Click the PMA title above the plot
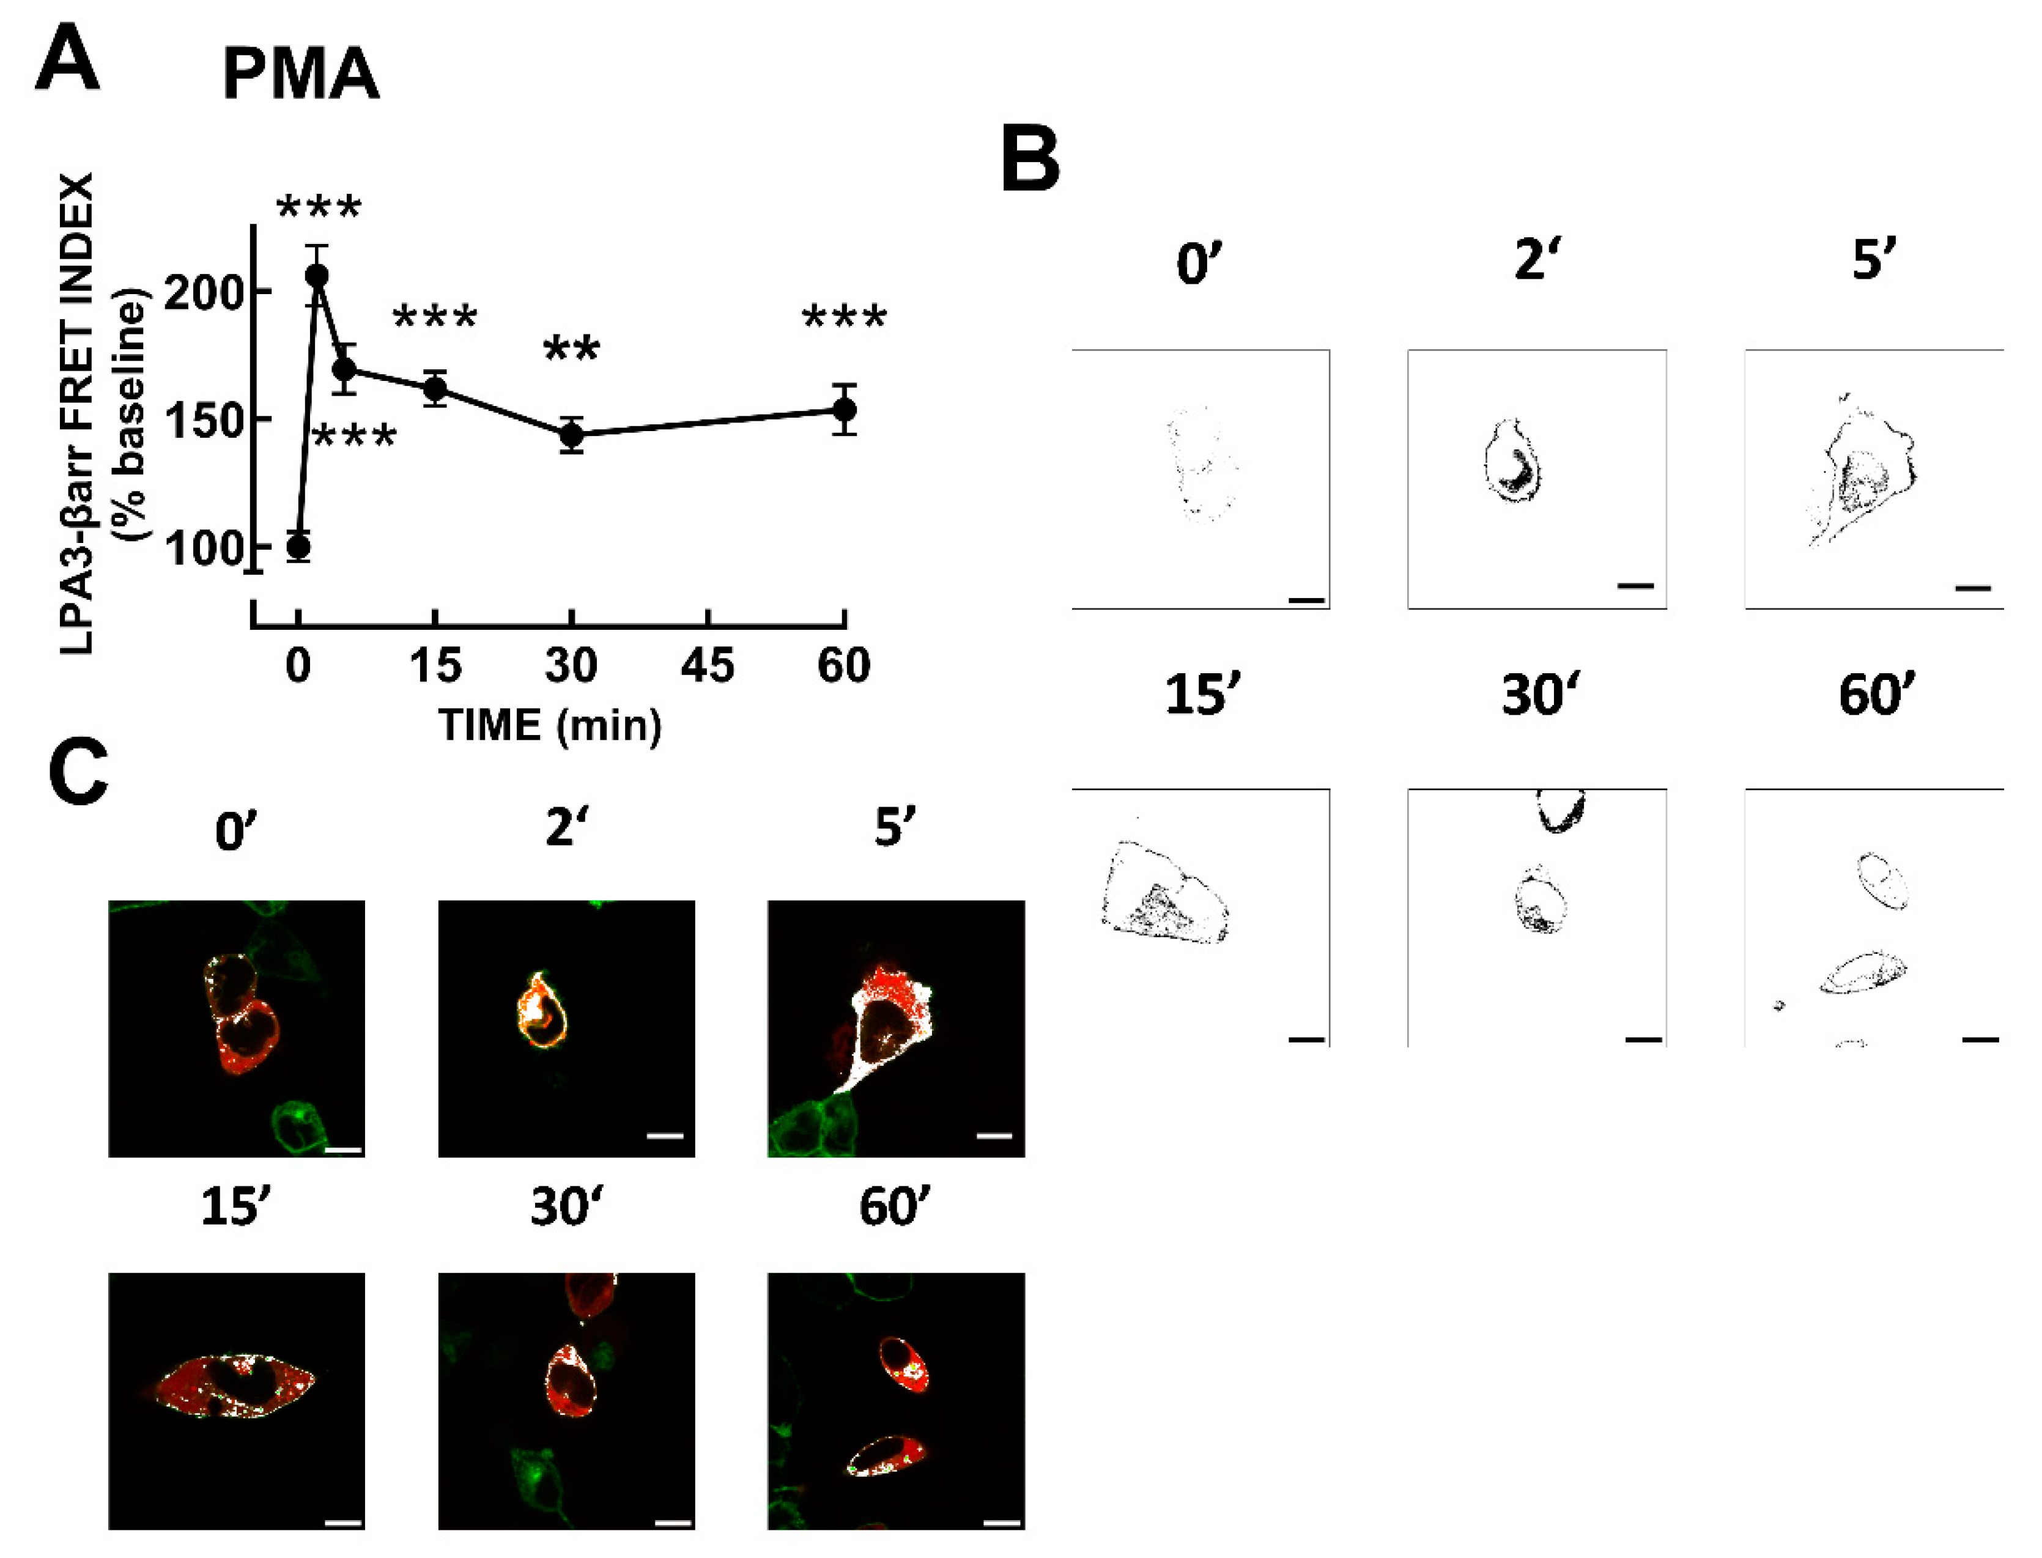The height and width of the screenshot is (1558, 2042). [x=300, y=74]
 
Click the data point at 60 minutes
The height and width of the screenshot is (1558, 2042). [x=844, y=409]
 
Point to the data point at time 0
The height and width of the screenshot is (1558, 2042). [x=298, y=546]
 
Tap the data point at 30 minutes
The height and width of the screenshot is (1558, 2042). [x=571, y=434]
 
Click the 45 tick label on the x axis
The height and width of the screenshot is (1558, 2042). [x=708, y=666]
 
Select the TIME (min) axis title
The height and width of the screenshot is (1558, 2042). [x=550, y=725]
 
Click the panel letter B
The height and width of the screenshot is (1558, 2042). [x=1030, y=160]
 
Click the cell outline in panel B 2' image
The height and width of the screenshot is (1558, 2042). [x=1512, y=462]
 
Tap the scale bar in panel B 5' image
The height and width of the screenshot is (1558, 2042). [x=1972, y=587]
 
